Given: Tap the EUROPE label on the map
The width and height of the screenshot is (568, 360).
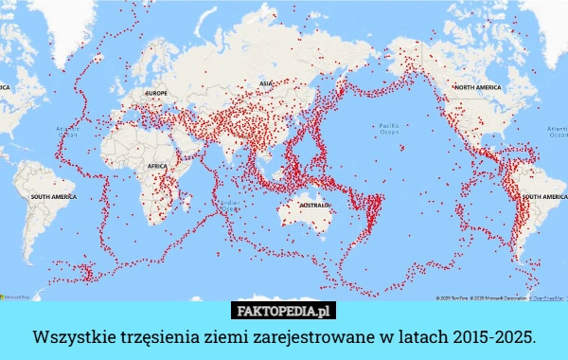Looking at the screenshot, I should coord(155,94).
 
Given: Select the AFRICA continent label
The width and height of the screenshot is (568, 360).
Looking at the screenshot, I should coord(157,166).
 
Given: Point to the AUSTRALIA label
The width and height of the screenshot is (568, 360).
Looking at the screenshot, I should coord(313,204).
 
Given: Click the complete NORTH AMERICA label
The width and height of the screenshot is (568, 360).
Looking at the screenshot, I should coord(477,86).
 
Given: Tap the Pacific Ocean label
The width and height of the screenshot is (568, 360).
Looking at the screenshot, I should coord(389,129).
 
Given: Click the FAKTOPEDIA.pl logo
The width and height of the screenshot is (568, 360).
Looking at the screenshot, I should coord(283,311).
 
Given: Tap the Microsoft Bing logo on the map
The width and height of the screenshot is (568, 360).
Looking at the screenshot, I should coord(15,297).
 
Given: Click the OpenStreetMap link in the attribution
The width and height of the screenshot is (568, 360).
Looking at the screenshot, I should coord(544,297).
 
